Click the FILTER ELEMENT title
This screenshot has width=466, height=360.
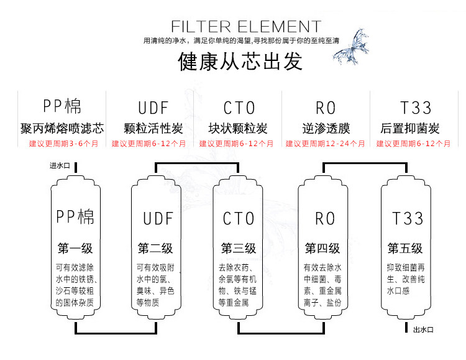[245, 27]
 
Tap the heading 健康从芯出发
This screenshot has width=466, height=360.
[240, 62]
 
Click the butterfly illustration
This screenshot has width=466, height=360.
[354, 47]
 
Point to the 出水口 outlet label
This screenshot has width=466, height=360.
[423, 330]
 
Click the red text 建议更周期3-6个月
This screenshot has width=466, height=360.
[64, 144]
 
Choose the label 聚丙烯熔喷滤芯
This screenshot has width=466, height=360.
[62, 129]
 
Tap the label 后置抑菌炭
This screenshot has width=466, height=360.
[410, 129]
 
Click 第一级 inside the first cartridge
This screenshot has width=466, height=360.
[75, 248]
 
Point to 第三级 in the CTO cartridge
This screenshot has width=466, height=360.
[238, 248]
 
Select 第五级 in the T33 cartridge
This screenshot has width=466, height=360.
[405, 248]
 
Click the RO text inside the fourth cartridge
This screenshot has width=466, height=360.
[325, 218]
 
